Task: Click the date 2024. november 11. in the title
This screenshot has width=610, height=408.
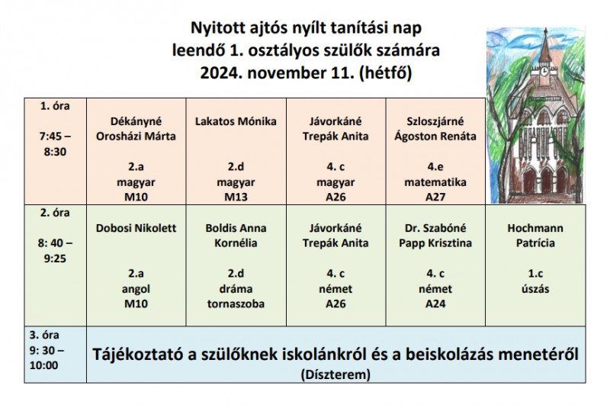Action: pyautogui.click(x=277, y=73)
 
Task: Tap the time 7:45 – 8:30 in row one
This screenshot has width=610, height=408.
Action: pyautogui.click(x=55, y=144)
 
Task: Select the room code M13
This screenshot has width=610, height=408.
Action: pyautogui.click(x=236, y=198)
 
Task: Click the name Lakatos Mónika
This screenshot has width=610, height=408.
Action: pyautogui.click(x=236, y=121)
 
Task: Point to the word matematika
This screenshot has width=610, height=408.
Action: pyautogui.click(x=435, y=182)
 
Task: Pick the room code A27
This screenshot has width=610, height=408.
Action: pyautogui.click(x=435, y=198)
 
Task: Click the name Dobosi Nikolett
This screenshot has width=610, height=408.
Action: pyautogui.click(x=136, y=228)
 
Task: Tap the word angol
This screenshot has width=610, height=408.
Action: pyautogui.click(x=136, y=289)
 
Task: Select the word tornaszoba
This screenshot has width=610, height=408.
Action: pyautogui.click(x=236, y=304)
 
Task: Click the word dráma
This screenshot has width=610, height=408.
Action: pyautogui.click(x=236, y=289)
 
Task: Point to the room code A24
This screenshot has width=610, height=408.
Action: pyautogui.click(x=435, y=304)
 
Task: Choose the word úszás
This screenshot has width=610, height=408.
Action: pyautogui.click(x=535, y=289)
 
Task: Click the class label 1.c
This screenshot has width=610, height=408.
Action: pyautogui.click(x=535, y=274)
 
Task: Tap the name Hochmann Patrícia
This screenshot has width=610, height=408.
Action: pyautogui.click(x=535, y=236)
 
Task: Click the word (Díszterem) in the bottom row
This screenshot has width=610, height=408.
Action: pyautogui.click(x=335, y=374)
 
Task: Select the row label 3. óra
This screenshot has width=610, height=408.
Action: pyautogui.click(x=44, y=335)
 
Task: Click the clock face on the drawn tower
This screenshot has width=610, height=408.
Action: pyautogui.click(x=544, y=71)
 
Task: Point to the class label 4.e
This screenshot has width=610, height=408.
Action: pyautogui.click(x=435, y=167)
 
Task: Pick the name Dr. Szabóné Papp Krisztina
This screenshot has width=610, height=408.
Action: pyautogui.click(x=435, y=236)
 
